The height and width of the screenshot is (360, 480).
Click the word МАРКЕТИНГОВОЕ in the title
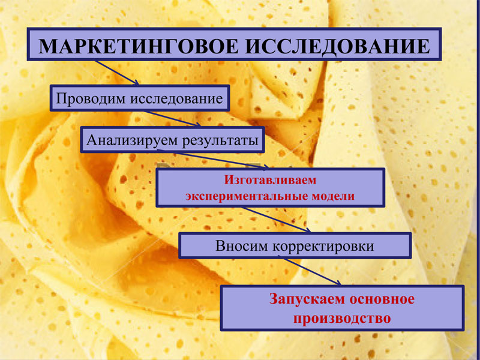139,46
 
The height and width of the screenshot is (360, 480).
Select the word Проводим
91,99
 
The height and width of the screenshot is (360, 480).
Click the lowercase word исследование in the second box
177,99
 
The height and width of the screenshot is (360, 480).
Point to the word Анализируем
132,140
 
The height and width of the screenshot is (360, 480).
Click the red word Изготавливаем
270,180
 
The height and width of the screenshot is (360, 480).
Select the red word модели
333,196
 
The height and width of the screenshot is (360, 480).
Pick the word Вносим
242,246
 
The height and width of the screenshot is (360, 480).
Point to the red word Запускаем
307,299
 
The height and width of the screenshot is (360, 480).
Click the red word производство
342,319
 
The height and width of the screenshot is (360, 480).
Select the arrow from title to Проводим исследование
117,72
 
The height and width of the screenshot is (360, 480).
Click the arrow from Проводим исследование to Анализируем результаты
173,119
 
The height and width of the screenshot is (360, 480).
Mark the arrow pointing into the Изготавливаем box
213,159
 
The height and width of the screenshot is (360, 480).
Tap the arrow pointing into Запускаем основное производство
311,272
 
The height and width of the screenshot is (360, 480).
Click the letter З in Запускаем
274,299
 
